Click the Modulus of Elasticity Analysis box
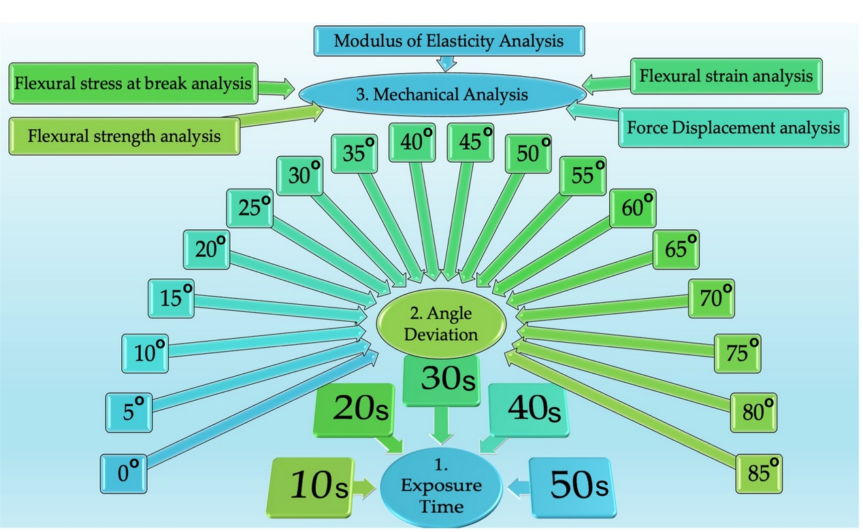point(449,41)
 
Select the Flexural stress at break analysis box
point(133,85)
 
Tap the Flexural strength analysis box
point(125,135)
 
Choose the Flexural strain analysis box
point(726,76)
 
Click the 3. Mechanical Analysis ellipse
point(442,95)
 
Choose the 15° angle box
point(172,298)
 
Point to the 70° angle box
point(712,298)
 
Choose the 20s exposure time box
point(355,410)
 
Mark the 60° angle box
point(633,207)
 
